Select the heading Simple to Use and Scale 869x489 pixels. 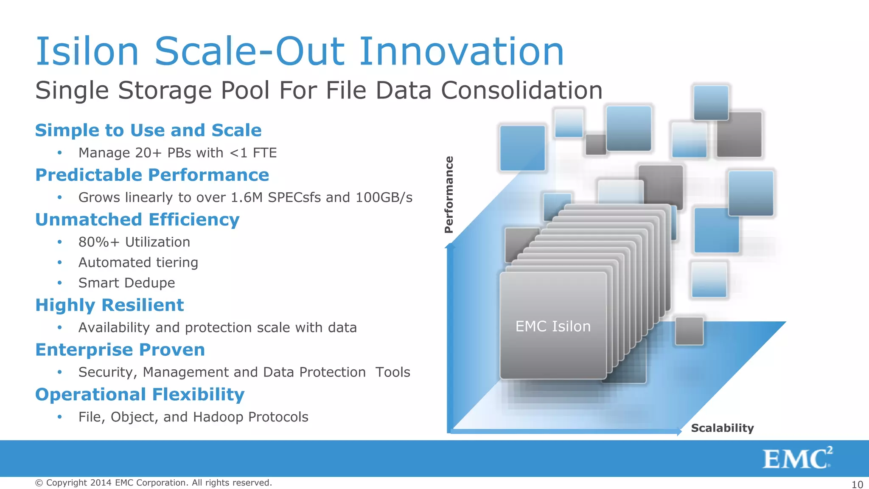coord(148,130)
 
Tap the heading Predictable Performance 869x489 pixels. coord(152,175)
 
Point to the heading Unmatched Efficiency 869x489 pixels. coord(137,219)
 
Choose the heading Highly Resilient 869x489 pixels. coord(109,305)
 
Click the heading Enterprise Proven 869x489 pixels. coord(120,350)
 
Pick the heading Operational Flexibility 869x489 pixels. coord(140,394)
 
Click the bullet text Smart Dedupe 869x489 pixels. coord(126,283)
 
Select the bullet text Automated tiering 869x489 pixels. coord(138,262)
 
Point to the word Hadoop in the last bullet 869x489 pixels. coord(218,417)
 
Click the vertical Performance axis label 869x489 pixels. coord(449,195)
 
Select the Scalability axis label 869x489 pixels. coord(722,428)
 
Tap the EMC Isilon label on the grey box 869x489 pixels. coord(552,326)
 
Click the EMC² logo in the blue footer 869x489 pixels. coord(797,458)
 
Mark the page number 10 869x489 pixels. coord(857,484)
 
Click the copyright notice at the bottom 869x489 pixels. coord(153,483)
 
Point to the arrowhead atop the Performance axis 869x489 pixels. coord(450,245)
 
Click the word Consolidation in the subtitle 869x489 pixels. coord(521,90)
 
